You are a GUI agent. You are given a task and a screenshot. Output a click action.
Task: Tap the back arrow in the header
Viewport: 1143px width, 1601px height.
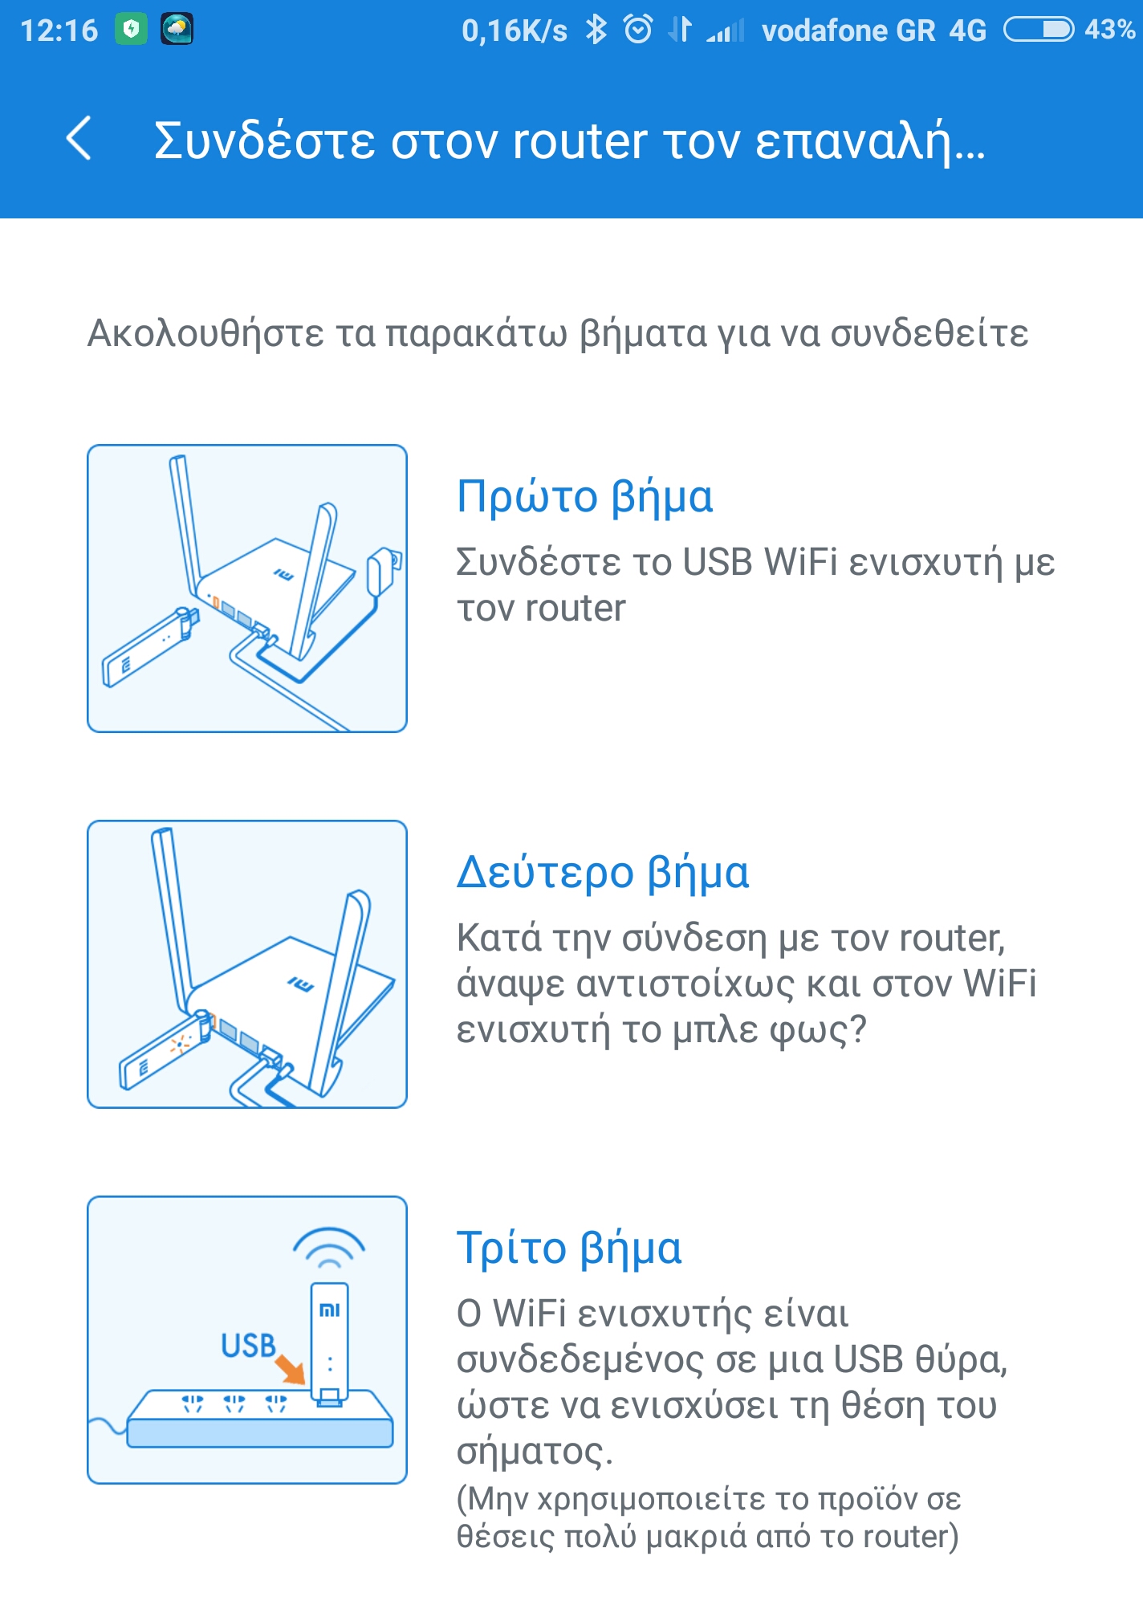(x=79, y=138)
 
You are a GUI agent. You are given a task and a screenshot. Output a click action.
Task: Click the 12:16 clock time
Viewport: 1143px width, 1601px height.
(x=59, y=31)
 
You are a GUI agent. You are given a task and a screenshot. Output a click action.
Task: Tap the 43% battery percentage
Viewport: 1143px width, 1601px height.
(x=1110, y=30)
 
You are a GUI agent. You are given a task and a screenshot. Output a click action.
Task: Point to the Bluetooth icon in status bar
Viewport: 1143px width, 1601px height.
(x=596, y=30)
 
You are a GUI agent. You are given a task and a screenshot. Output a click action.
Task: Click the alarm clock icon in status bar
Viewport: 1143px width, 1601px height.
(x=638, y=30)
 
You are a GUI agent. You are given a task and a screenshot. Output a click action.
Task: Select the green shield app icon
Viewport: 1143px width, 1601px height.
(x=131, y=30)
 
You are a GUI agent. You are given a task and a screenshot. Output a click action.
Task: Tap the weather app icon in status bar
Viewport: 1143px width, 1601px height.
(x=177, y=30)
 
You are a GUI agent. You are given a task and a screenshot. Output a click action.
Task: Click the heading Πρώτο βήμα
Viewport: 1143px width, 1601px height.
(x=584, y=497)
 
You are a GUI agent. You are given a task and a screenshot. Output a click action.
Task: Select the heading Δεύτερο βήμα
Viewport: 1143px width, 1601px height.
(x=603, y=873)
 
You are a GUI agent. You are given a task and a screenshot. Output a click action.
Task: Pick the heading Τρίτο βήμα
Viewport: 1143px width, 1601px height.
(x=569, y=1249)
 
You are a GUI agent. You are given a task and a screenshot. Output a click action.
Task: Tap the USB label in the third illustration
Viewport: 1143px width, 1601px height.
(x=248, y=1345)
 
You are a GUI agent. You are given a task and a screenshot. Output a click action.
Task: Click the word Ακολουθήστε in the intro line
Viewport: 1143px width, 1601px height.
(x=205, y=333)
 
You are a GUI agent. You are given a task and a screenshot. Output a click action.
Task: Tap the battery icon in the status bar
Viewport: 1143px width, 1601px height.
(x=1039, y=30)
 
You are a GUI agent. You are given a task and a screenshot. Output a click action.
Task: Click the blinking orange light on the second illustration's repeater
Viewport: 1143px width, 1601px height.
(x=179, y=1044)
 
